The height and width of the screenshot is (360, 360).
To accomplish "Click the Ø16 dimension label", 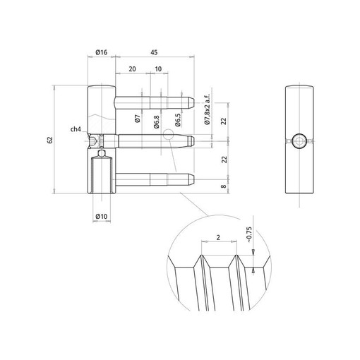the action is pos(102,52).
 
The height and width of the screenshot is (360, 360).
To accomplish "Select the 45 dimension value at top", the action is pos(154,52).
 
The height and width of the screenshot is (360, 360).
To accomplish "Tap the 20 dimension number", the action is pos(132,69).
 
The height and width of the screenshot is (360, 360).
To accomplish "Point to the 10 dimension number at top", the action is pos(158,69).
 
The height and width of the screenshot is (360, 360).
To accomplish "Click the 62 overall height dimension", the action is pos(50,140).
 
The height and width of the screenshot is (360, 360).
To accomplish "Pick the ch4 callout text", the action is pos(76,129).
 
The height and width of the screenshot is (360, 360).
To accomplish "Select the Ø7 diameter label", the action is pos(138,119).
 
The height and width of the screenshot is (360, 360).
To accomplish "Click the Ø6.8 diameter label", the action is pos(157,121).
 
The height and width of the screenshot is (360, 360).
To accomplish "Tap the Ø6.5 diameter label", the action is pos(178,120).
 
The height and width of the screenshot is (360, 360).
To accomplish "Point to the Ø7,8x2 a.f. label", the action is pos(207,109).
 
